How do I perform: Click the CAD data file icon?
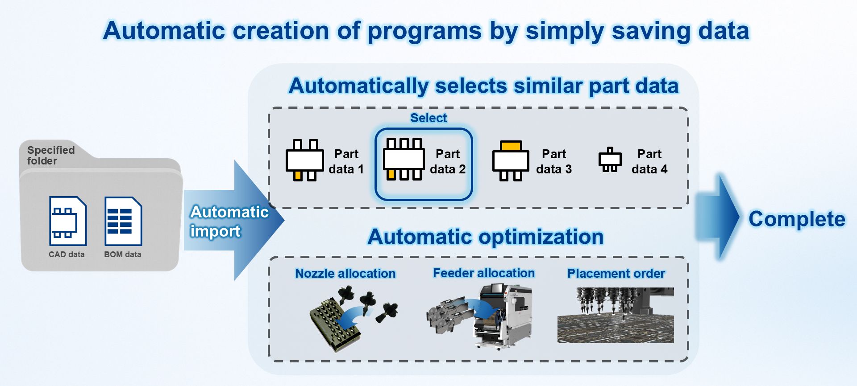point(67,221)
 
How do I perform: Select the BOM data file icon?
point(123,221)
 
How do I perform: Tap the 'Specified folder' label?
point(51,155)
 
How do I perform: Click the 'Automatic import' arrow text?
point(229,221)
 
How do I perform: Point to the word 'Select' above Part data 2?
point(428,118)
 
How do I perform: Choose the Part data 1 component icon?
point(304,160)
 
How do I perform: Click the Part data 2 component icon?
point(404,159)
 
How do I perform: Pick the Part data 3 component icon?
point(511,161)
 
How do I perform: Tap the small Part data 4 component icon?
point(610,160)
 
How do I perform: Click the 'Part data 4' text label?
point(649,161)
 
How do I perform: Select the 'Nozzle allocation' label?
point(345,273)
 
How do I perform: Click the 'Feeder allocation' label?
point(484,273)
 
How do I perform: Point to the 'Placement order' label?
point(616,273)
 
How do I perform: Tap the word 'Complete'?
point(797,219)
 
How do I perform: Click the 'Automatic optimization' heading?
point(486,236)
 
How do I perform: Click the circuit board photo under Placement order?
point(616,315)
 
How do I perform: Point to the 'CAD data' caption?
point(67,255)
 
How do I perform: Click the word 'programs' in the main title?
point(424,31)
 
